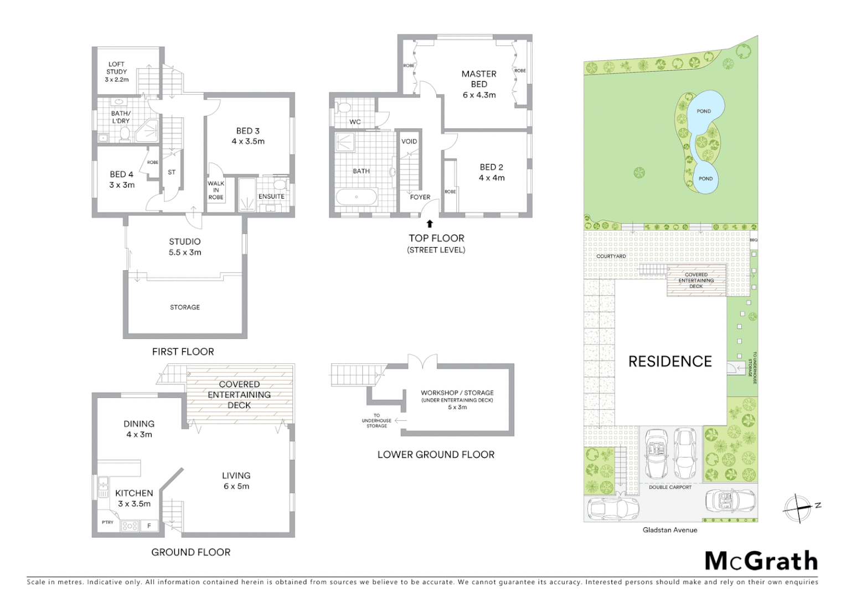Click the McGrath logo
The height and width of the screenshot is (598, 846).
pos(761,561)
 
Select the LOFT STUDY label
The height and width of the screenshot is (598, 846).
pos(117,71)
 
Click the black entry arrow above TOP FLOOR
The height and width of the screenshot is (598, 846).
pos(430,224)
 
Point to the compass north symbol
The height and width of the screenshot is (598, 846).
pos(798,507)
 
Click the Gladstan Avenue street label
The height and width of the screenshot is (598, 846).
pos(669,530)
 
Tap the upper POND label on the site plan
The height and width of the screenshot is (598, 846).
pos(704,111)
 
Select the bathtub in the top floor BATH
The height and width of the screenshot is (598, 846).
pos(357,197)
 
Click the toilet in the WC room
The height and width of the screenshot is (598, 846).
pos(344,107)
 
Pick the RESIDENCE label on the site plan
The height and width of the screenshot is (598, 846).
pos(670,362)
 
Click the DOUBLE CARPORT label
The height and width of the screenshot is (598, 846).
pos(670,487)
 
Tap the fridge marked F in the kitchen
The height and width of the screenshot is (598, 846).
pos(149,526)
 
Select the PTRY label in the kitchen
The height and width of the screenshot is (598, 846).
pos(107,522)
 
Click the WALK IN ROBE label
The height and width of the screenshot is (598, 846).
pos(216,190)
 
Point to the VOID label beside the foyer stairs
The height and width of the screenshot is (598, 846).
pos(409,141)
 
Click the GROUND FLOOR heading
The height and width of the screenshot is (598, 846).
pos(190,552)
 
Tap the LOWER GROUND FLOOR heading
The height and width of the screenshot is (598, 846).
pos(436,455)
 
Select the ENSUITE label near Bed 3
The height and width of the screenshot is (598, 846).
pos(271,197)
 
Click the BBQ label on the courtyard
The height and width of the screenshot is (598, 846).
pos(754,240)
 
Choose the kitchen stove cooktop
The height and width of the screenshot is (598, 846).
pos(130,526)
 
